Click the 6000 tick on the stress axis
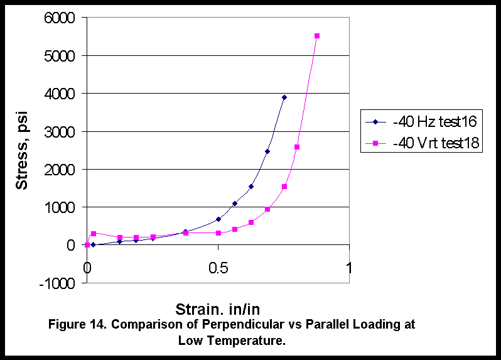tap(58, 18)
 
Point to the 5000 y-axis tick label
tap(58, 56)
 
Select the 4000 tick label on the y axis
tap(58, 94)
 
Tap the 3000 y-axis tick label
tap(58, 131)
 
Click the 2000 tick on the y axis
tap(58, 170)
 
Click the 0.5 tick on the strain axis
tap(218, 268)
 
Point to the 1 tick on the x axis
tap(349, 268)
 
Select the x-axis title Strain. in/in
tap(218, 308)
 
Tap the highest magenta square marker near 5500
tap(317, 36)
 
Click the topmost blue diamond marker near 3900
tap(284, 97)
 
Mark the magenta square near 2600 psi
tap(297, 147)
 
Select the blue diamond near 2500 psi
tap(267, 151)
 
